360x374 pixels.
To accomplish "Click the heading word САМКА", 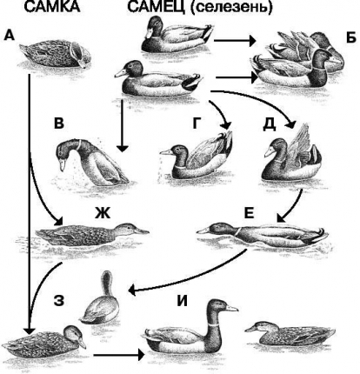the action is tap(51, 6).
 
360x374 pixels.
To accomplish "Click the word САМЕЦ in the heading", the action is tap(157, 6).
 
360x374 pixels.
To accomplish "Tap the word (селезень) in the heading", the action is tap(232, 7).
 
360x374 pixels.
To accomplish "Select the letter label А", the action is tap(10, 36).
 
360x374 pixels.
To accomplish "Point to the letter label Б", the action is tap(351, 37).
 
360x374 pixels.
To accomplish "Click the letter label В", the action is tap(59, 123).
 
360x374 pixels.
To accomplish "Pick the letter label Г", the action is tap(197, 123).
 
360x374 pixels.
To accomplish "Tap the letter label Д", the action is tap(270, 124).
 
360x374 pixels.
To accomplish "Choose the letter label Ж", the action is tap(103, 214).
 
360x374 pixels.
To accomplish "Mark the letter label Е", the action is tap(249, 213).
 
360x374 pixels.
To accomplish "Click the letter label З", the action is tap(59, 301).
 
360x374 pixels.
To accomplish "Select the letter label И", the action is tap(183, 301).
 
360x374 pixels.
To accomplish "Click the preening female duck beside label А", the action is tap(57, 55).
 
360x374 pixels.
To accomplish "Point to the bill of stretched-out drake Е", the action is tap(203, 231).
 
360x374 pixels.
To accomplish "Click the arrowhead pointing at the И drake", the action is tap(140, 354).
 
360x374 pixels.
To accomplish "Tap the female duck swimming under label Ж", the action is tap(91, 234).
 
